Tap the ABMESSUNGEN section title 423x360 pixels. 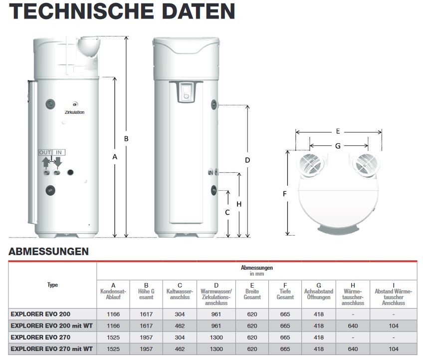point(49,252)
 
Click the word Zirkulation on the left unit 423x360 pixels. point(74,112)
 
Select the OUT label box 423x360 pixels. point(45,152)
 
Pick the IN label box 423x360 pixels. point(59,152)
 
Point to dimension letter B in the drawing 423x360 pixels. point(127,138)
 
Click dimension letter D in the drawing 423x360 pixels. point(247,160)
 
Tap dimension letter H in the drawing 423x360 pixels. point(239,204)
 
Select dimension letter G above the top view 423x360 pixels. point(338,146)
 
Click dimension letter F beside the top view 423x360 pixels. point(285,194)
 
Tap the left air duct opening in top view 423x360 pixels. point(312,165)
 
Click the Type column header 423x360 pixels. point(52,285)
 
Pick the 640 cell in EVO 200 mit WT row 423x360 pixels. point(352,326)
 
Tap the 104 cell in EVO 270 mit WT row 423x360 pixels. point(394,349)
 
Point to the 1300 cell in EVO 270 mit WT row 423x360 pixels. point(216,349)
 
